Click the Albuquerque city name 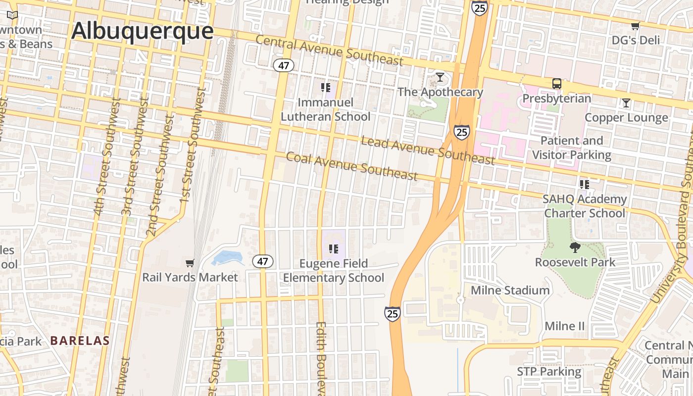142,31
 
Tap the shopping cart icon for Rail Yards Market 190,263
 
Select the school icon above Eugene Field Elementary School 333,248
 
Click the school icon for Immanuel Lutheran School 325,88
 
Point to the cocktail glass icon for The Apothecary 440,77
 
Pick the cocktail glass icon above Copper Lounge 626,103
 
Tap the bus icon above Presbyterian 557,84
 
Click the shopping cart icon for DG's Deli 635,26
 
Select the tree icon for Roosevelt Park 575,247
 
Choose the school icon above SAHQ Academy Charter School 584,185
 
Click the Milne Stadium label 510,290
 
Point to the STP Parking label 549,371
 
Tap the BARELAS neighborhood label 80,341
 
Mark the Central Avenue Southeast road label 329,50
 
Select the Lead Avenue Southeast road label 428,150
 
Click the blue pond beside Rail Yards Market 227,258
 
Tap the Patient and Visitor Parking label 572,148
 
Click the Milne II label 564,326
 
